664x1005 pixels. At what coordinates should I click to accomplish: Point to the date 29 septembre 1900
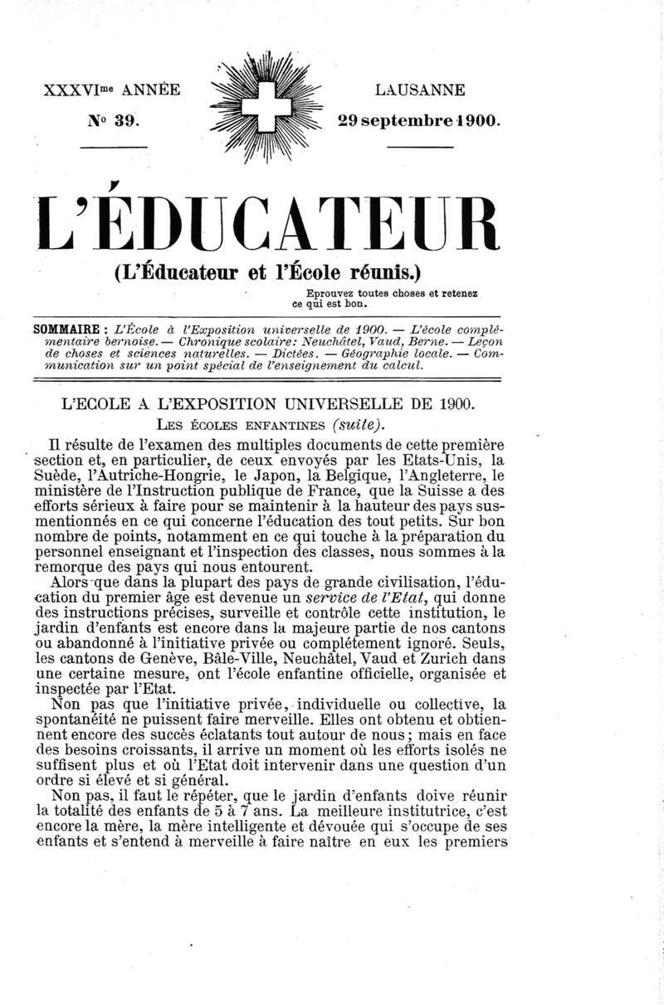[420, 120]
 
